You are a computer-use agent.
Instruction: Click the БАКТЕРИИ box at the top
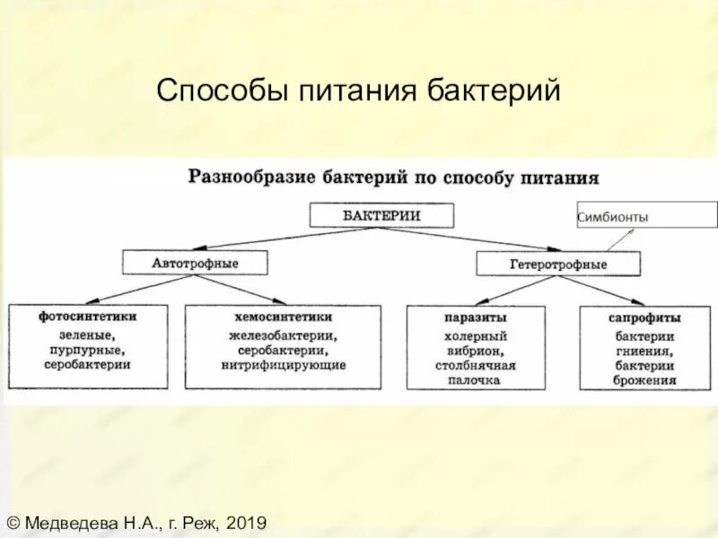point(381,215)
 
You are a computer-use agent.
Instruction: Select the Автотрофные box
point(195,264)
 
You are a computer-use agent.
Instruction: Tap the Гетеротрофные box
point(558,265)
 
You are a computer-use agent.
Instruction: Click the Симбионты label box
point(646,216)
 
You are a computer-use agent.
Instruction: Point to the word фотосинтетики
point(88,317)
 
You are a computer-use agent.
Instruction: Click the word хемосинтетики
point(283,317)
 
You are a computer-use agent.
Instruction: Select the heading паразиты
point(475,318)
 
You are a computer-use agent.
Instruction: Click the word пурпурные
point(88,350)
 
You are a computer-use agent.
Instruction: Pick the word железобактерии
point(281,335)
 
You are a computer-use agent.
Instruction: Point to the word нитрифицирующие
point(284,366)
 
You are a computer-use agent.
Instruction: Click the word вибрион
point(475,351)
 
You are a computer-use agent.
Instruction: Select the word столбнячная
point(475,366)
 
